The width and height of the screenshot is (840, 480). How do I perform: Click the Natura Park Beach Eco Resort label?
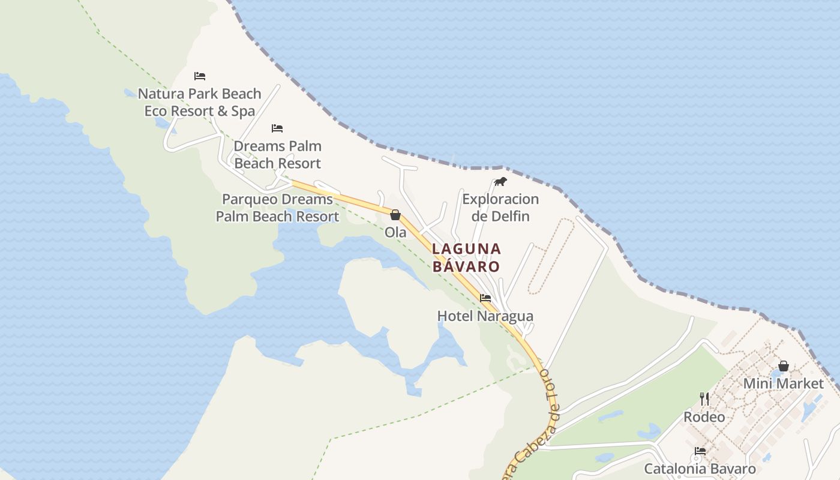click(199, 102)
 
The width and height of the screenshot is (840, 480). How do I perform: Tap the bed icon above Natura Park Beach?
click(200, 76)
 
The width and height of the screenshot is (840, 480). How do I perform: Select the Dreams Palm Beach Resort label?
click(277, 154)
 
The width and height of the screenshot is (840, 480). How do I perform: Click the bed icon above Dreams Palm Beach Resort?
click(277, 128)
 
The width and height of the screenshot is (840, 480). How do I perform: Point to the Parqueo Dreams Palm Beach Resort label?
click(277, 208)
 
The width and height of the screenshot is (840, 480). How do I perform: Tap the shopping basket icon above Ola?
click(395, 215)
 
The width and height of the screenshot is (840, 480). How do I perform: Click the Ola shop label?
click(395, 232)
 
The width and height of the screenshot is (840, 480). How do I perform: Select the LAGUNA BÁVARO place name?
click(466, 257)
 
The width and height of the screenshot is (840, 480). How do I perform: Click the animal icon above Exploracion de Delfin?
click(500, 181)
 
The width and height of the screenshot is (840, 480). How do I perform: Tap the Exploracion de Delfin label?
click(500, 208)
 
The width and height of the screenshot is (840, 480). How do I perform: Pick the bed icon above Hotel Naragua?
click(485, 298)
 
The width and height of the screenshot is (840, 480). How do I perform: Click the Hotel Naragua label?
click(485, 316)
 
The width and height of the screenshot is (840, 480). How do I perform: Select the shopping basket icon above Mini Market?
click(783, 365)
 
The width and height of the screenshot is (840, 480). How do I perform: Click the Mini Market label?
click(783, 383)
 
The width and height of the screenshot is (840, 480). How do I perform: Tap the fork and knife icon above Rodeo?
click(704, 398)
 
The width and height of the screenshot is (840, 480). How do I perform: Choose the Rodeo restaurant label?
click(704, 416)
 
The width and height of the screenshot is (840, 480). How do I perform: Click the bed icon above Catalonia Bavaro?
click(700, 451)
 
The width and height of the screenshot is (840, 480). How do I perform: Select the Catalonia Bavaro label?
click(700, 469)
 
